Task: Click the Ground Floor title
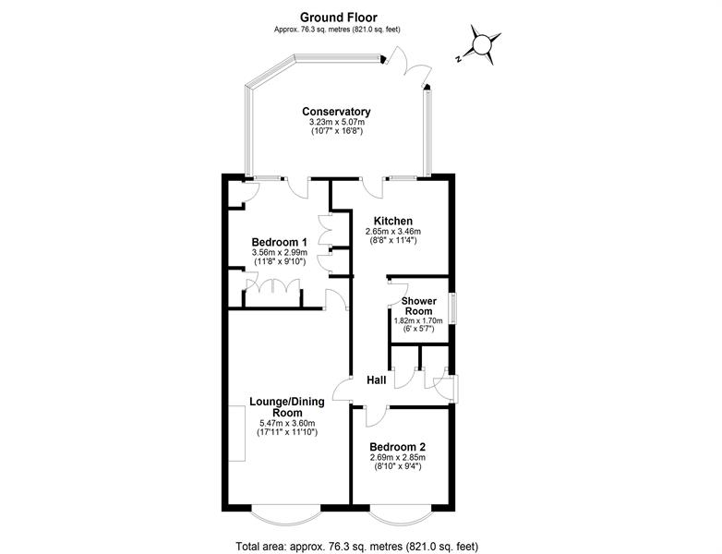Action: click(339, 18)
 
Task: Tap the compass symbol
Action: click(482, 44)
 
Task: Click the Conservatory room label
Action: click(336, 112)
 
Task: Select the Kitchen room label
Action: click(392, 221)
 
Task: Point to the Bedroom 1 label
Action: click(280, 242)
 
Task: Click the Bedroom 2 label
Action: click(398, 447)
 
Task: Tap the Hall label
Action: click(376, 380)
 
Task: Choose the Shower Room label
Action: click(418, 306)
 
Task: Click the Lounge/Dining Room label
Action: click(287, 407)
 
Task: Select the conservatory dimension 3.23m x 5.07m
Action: click(337, 122)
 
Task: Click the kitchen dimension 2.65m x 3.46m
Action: click(392, 231)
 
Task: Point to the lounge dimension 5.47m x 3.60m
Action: click(287, 423)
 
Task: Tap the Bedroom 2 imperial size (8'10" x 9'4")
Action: click(398, 466)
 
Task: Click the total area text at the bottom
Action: click(357, 547)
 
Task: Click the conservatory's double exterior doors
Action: click(407, 66)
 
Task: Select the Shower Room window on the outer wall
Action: click(453, 307)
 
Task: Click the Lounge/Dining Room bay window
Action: click(285, 518)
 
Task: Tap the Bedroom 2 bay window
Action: click(400, 518)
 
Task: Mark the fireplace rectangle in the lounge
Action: click(237, 433)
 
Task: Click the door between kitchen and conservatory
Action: click(372, 187)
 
